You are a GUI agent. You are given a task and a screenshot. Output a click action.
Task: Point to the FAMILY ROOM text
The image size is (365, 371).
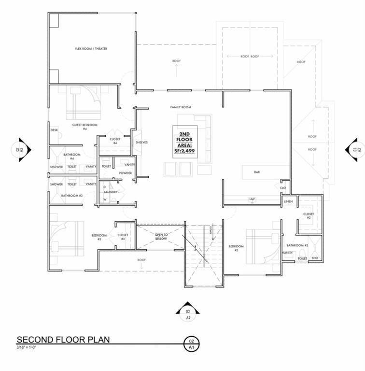[x=181, y=107]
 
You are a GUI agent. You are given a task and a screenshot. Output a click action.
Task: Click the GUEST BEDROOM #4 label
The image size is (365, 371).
[x=85, y=127]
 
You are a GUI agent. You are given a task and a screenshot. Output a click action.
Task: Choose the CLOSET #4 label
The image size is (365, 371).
[x=115, y=141]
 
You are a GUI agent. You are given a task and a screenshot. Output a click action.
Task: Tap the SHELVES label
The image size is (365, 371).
[x=141, y=143]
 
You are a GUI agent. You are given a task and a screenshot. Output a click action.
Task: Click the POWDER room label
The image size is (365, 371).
[x=125, y=173]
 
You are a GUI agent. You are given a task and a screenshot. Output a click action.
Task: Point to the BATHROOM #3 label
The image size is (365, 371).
[x=72, y=195]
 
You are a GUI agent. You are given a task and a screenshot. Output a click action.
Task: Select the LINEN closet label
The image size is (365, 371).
[x=288, y=201]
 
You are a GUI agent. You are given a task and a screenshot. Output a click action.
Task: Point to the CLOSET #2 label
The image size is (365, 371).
[x=309, y=215]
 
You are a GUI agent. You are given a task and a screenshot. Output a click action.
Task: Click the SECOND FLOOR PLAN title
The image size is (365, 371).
[x=63, y=340]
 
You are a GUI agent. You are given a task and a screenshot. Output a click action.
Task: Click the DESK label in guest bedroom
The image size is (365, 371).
[x=54, y=130]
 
